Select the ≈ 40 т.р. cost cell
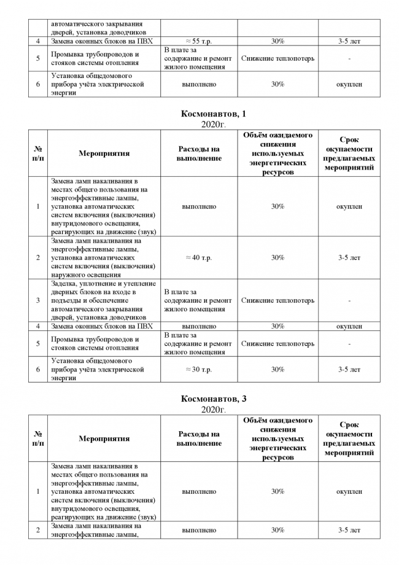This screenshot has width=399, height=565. (199, 258)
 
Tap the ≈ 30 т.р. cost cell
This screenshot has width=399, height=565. (199, 370)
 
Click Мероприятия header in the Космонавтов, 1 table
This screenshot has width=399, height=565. (104, 154)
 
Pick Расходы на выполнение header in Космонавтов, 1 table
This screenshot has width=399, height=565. (199, 154)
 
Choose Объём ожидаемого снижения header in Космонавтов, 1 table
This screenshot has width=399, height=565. (277, 154)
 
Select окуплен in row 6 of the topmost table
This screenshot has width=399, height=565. (349, 84)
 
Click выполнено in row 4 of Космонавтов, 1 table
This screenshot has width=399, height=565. (199, 326)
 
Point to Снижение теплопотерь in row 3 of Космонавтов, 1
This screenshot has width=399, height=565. (277, 301)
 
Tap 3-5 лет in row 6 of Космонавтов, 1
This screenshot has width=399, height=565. (349, 370)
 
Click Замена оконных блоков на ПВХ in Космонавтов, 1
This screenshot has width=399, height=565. (102, 326)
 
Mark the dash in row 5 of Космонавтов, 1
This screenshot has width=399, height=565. (349, 344)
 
